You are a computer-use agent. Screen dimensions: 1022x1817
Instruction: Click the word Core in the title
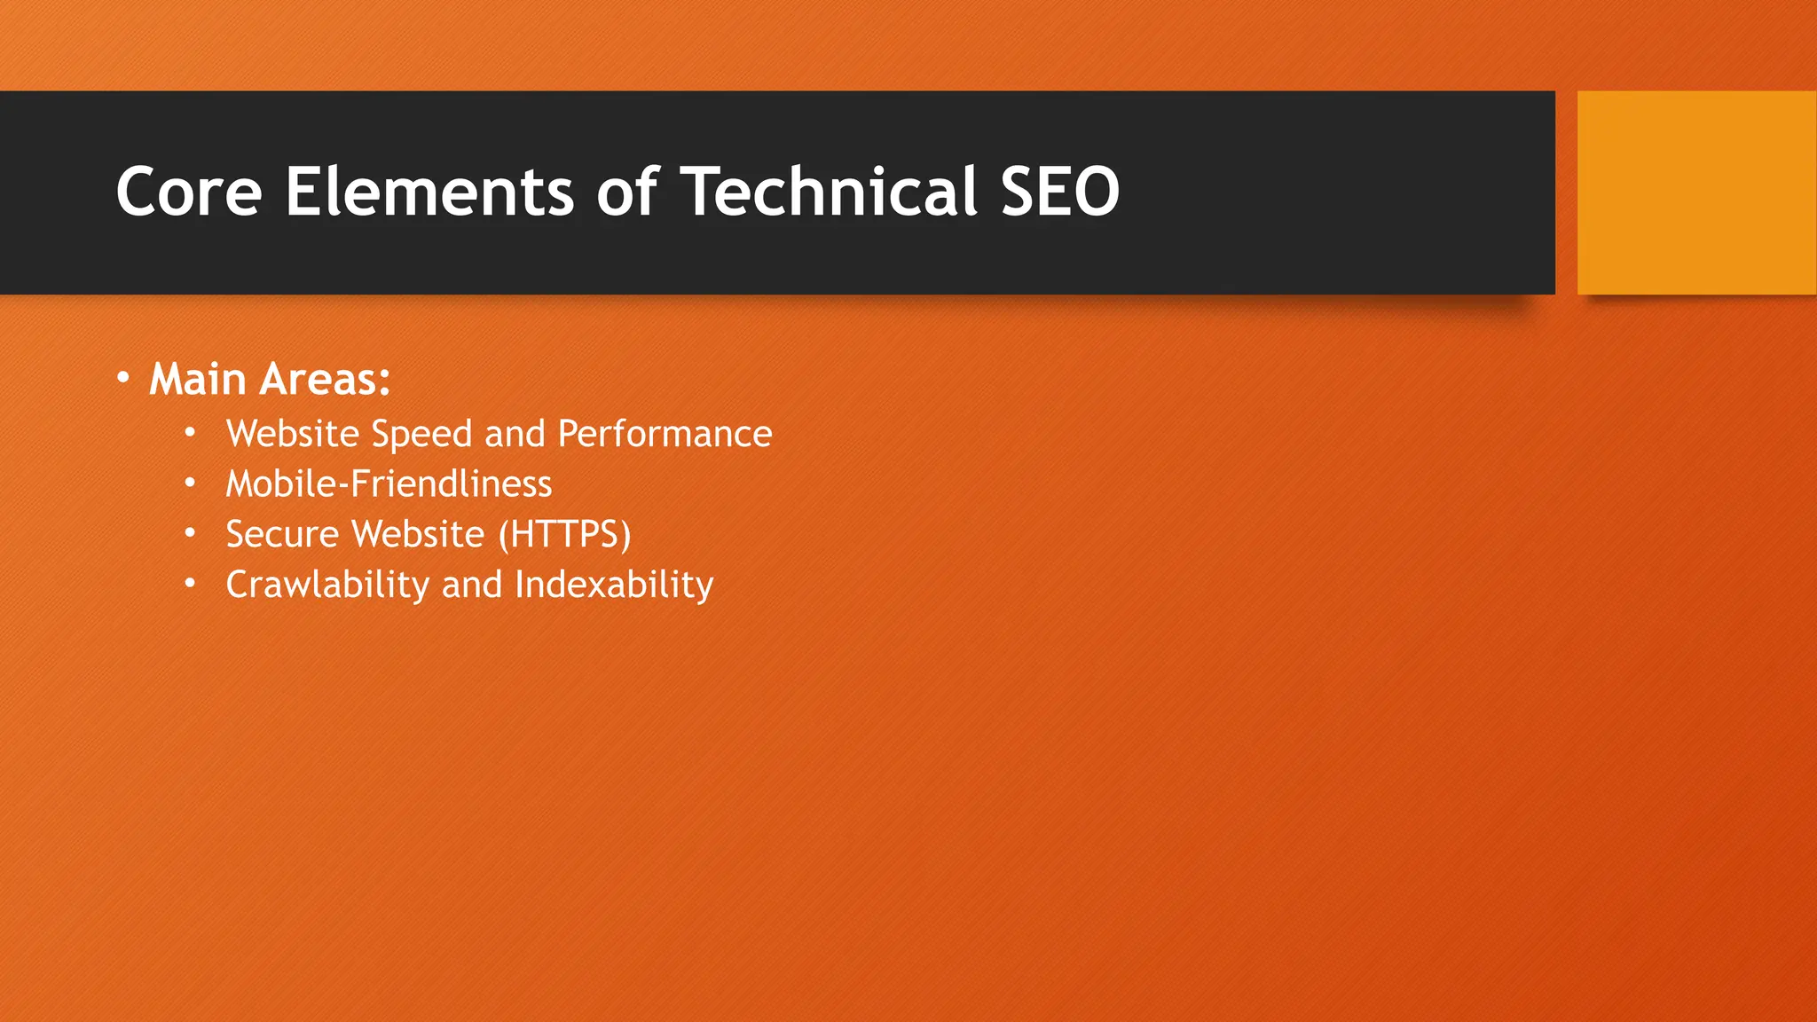click(189, 192)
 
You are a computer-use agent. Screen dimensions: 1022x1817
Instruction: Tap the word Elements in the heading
click(429, 192)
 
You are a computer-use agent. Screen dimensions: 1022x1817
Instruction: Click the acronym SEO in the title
click(1060, 192)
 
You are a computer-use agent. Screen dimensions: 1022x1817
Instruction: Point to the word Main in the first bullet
click(197, 380)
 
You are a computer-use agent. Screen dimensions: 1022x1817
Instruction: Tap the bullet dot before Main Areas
click(123, 379)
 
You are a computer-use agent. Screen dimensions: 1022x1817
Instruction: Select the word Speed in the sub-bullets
click(421, 435)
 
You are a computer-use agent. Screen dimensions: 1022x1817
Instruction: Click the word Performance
click(665, 435)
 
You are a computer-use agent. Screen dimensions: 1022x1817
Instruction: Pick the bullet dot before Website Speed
click(190, 433)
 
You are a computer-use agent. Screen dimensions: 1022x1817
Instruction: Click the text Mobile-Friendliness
click(389, 484)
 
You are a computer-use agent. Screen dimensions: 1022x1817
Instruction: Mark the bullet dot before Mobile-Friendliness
click(190, 483)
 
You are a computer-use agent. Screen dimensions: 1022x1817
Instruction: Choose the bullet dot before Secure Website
click(190, 533)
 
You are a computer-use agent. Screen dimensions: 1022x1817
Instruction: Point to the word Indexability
click(614, 586)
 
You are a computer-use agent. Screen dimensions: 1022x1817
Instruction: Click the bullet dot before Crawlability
click(190, 584)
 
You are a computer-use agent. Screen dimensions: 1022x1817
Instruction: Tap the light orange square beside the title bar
click(1696, 193)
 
